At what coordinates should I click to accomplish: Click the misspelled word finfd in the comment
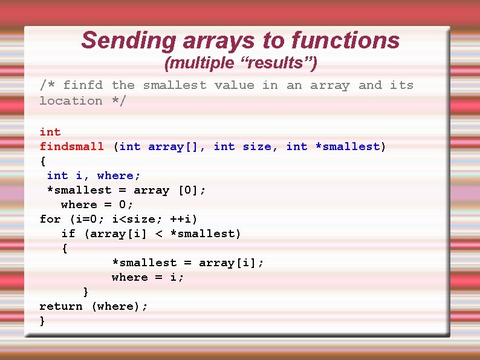83,85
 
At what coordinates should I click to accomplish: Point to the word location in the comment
71,100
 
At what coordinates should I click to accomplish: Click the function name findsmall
71,146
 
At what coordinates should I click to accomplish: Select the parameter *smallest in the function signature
347,146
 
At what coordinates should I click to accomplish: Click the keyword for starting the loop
50,219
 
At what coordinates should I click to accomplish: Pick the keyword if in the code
68,234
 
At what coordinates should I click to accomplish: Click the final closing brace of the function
42,321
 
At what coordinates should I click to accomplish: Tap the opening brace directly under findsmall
42,162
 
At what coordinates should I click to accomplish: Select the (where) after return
119,306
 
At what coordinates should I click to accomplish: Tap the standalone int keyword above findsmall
50,132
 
